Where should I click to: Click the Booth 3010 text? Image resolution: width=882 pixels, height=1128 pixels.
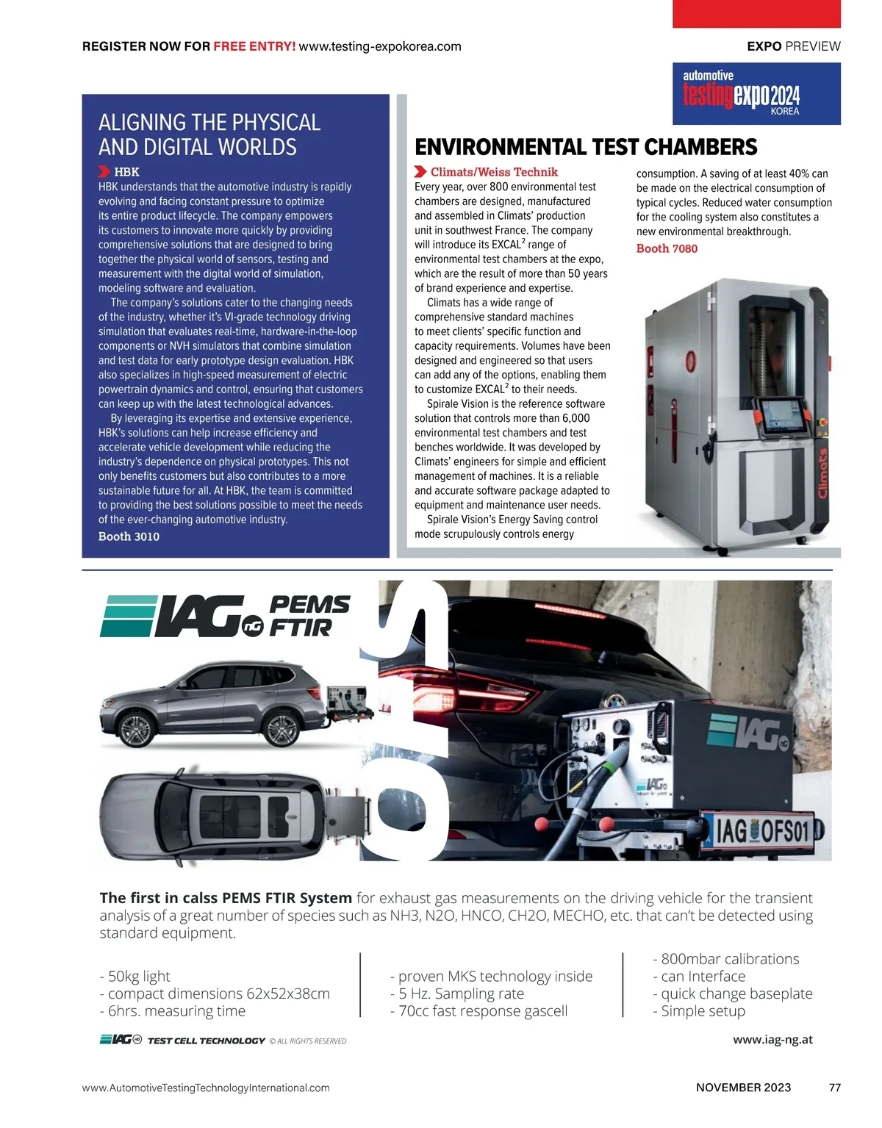click(x=129, y=536)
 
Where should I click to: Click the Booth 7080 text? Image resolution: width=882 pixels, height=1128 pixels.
click(x=667, y=248)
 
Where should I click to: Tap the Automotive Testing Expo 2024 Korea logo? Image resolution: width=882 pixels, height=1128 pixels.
click(x=756, y=93)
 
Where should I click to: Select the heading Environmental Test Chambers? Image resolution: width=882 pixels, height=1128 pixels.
click(x=586, y=147)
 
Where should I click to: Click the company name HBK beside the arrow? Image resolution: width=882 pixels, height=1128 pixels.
click(x=126, y=172)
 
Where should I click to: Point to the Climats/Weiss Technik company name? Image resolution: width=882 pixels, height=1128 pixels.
click(x=494, y=172)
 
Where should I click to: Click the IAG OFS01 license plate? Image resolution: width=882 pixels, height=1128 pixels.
click(x=762, y=832)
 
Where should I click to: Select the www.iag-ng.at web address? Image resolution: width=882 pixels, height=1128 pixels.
click(x=772, y=1040)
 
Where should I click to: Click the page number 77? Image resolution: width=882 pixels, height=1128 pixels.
click(x=834, y=1088)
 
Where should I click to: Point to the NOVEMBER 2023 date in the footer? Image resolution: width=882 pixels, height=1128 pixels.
click(x=743, y=1088)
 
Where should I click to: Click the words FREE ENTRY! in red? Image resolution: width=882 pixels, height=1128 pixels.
click(x=254, y=46)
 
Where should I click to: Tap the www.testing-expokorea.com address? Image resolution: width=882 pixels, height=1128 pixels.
click(x=380, y=46)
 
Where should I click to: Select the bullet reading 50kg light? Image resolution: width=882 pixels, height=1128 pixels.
click(x=135, y=976)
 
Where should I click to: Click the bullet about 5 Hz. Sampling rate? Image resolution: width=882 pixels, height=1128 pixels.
click(x=457, y=994)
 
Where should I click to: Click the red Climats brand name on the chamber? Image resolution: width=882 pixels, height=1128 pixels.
click(x=822, y=474)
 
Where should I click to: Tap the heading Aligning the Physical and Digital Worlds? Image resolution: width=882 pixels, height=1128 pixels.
click(x=209, y=134)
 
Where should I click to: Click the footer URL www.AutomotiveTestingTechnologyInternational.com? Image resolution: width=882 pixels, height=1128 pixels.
click(x=206, y=1088)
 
